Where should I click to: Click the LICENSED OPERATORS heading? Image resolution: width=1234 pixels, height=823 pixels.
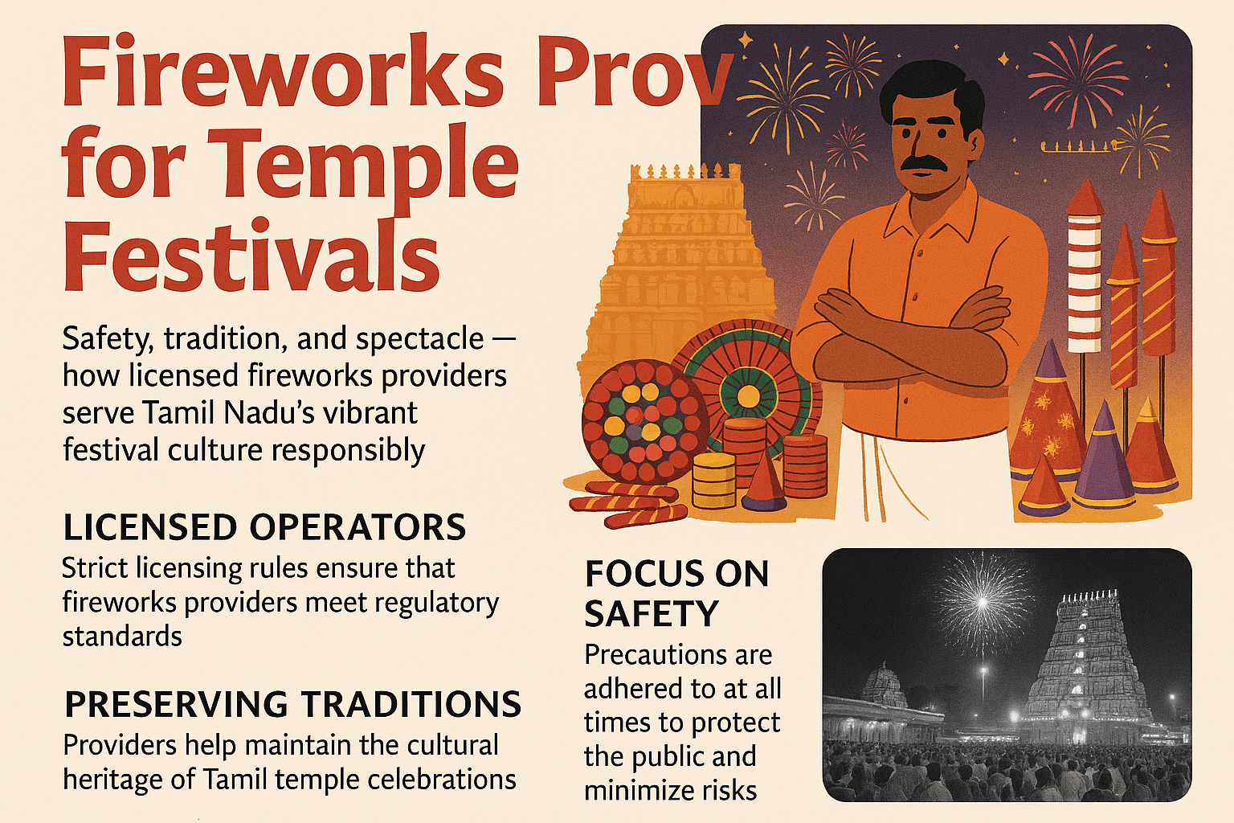click(264, 528)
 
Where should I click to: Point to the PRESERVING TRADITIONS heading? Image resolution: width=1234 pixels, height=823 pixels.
click(292, 705)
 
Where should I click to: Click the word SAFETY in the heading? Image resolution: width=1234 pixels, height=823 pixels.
click(651, 615)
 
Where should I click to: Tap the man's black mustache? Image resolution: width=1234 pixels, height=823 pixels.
click(932, 162)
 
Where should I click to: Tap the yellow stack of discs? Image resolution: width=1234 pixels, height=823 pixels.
click(713, 479)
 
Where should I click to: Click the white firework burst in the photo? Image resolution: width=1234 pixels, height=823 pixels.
click(980, 599)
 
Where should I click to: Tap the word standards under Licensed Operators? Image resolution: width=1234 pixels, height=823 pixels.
click(122, 637)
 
